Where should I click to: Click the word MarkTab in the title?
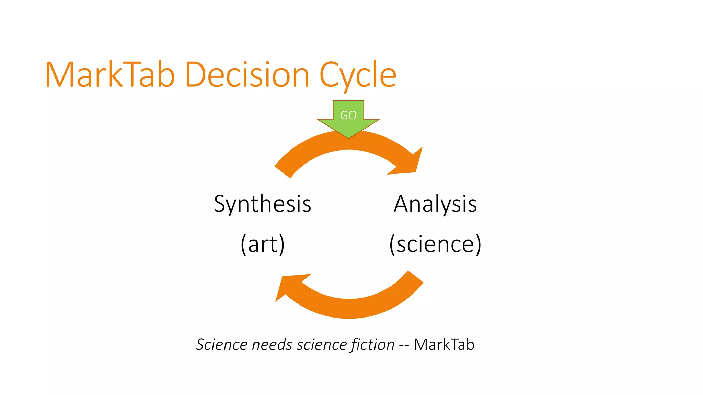coord(110,75)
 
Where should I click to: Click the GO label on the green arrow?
coord(348,115)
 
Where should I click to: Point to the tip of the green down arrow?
coord(348,137)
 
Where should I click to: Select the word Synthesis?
coord(263,204)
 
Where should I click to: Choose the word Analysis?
coord(435,204)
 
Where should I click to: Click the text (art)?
coord(263,244)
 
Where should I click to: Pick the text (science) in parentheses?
coord(435,244)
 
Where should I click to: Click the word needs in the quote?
coord(272,345)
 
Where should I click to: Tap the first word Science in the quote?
coord(221,345)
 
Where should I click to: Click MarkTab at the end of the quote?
coord(444,345)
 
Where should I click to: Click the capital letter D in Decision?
coord(194,75)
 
